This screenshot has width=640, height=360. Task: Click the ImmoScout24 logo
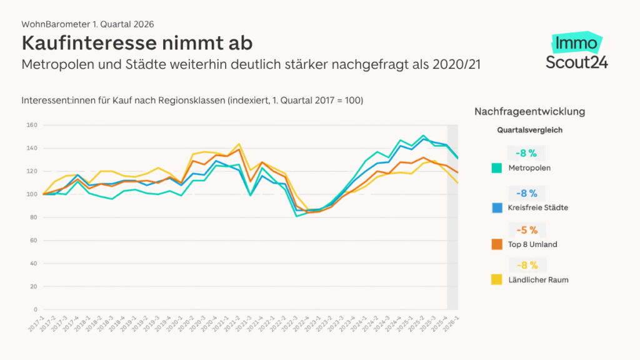coord(576,52)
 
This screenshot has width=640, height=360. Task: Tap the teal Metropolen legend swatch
coord(496,168)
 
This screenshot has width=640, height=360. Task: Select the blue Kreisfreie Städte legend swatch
coord(496,207)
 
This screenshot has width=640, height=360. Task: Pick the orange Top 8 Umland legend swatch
coord(496,244)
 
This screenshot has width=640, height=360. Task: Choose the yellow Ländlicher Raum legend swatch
coord(496,280)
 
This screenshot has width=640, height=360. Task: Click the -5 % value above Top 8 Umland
coord(526,230)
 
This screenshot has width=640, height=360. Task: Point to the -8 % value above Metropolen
coord(526,153)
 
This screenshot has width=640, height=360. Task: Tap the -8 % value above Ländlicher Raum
coord(526,265)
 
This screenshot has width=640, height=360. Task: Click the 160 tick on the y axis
coord(32,125)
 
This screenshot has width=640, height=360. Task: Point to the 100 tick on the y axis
coord(32,194)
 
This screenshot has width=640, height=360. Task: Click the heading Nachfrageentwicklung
coord(529,111)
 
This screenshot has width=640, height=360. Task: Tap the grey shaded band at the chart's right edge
coord(452,219)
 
